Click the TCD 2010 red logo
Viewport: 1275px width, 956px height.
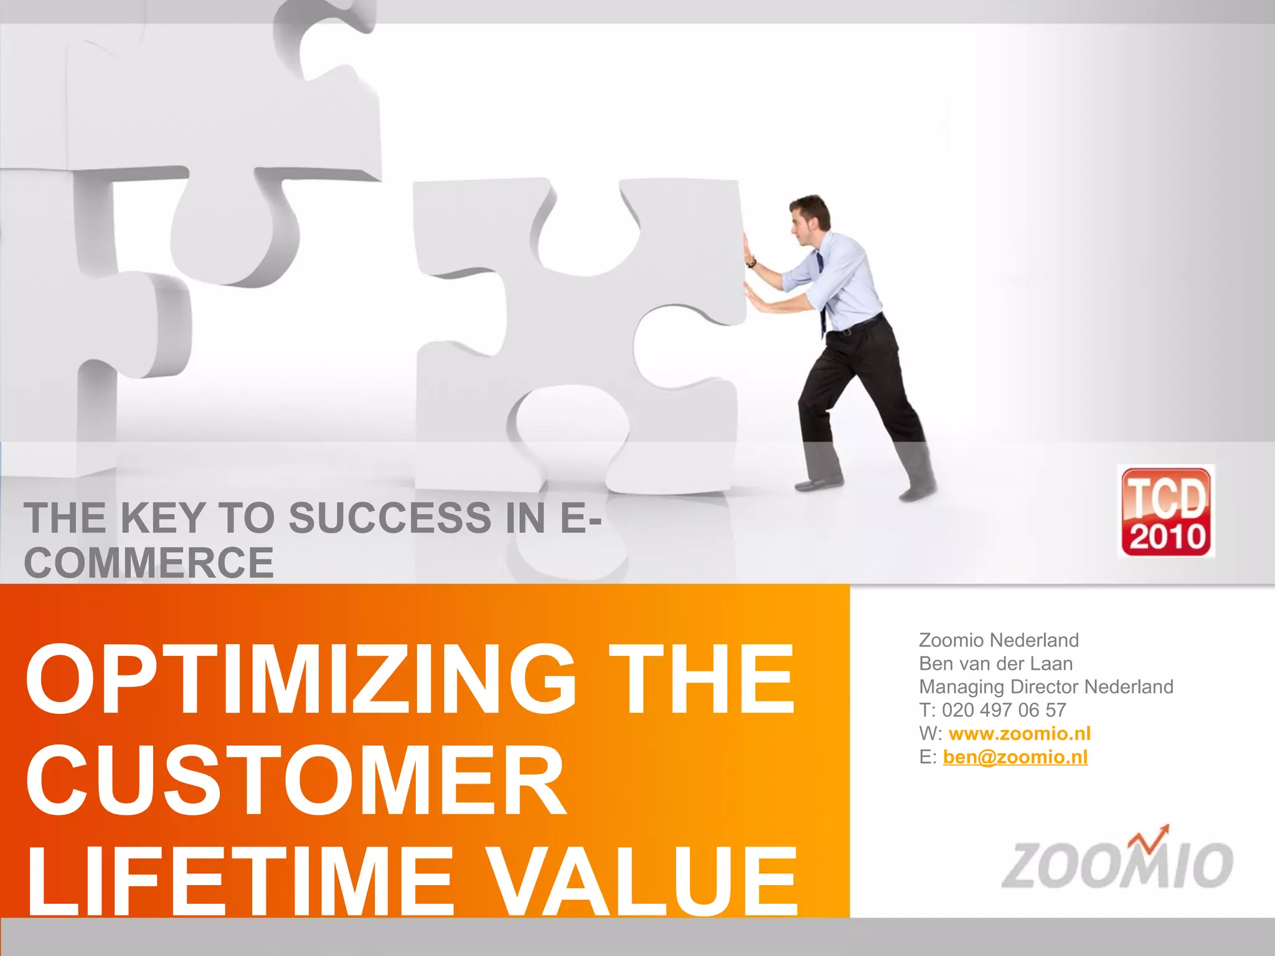pyautogui.click(x=1166, y=511)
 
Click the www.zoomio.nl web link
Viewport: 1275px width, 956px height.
pyautogui.click(x=1019, y=733)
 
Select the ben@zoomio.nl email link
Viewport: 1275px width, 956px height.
pyautogui.click(x=1015, y=757)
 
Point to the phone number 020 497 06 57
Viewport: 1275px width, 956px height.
pyautogui.click(x=1004, y=710)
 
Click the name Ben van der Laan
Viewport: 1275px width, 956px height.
pyautogui.click(x=995, y=663)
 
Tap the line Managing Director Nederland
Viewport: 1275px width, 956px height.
pyautogui.click(x=1046, y=687)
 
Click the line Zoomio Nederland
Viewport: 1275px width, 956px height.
pyautogui.click(x=999, y=640)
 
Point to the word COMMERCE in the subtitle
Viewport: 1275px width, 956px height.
pyautogui.click(x=149, y=563)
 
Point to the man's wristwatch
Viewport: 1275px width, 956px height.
pyautogui.click(x=752, y=262)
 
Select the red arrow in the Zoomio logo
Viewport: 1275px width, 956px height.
pyautogui.click(x=1151, y=838)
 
